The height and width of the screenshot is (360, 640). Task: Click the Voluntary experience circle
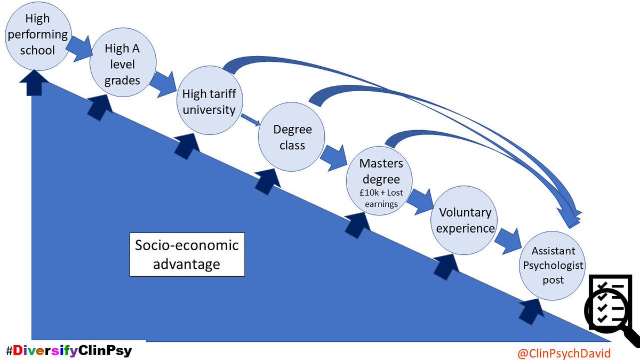pos(465,220)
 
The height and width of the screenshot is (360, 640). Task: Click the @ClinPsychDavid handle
pos(564,352)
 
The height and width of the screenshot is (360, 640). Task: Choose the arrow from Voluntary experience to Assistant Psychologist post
pos(507,240)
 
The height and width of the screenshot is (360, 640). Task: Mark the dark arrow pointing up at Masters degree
pos(356,223)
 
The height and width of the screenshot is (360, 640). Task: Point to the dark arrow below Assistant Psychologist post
pos(530,308)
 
